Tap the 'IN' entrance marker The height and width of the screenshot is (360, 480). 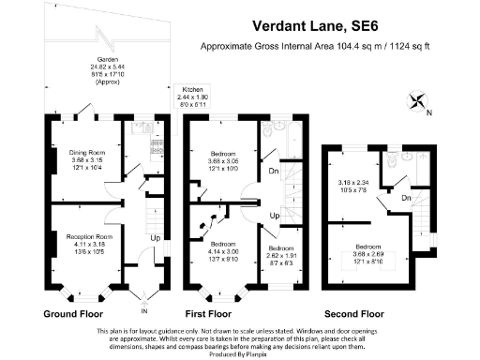point(144,308)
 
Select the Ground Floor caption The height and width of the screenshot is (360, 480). point(73,313)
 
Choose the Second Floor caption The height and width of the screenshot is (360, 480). point(353,313)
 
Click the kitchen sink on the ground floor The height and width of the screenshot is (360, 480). point(157,144)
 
